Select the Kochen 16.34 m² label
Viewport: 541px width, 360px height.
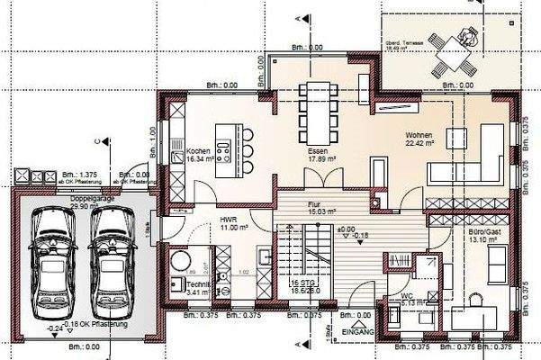[201, 153]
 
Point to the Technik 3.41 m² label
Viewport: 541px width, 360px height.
[199, 288]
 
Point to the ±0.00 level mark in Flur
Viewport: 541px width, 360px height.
[347, 229]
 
